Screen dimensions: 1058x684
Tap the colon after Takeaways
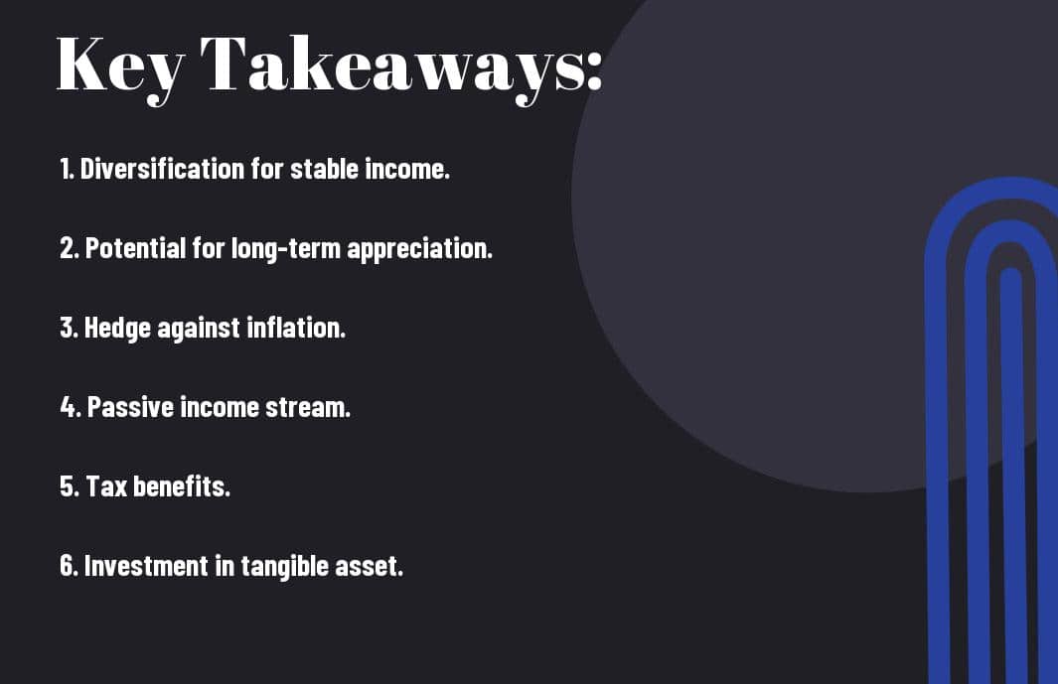594,70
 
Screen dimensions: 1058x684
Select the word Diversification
162,169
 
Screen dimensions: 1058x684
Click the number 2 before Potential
67,248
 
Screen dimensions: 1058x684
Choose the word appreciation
419,249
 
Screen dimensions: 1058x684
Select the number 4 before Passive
68,407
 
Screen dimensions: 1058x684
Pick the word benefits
182,486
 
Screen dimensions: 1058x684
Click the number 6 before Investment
68,566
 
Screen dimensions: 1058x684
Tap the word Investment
146,566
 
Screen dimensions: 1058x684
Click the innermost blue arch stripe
1013,473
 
